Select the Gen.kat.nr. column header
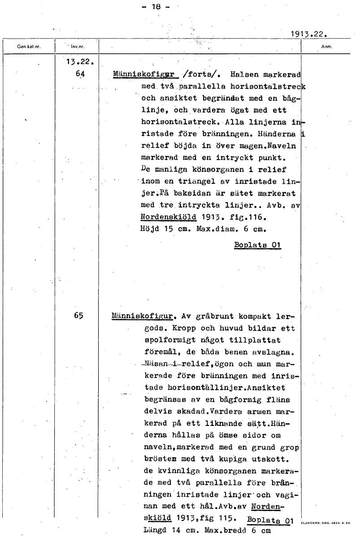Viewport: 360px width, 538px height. (x=29, y=46)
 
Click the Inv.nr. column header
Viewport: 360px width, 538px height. (x=78, y=46)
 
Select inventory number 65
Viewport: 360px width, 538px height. (x=79, y=315)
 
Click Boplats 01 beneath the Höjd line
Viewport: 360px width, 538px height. (x=257, y=245)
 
